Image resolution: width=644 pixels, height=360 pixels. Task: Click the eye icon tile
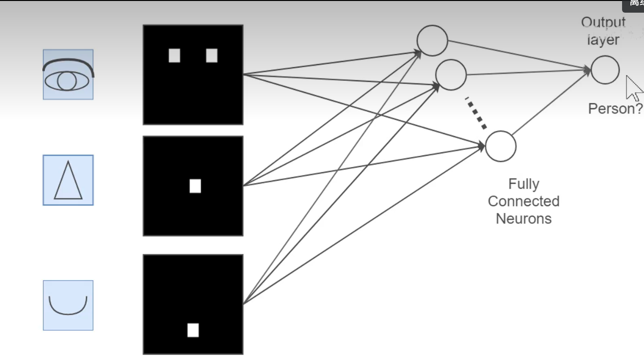click(68, 75)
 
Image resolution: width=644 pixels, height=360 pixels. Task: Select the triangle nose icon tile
click(68, 180)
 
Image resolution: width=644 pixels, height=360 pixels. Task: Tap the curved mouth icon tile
click(68, 305)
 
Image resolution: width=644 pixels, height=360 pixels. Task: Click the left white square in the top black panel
click(175, 56)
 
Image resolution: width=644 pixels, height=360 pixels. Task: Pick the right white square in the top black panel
click(212, 56)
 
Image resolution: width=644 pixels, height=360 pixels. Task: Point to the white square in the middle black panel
click(195, 186)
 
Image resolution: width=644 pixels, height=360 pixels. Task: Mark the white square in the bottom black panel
click(193, 330)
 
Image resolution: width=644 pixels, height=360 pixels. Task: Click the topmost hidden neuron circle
click(432, 40)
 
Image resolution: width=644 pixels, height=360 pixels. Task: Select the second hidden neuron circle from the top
click(450, 75)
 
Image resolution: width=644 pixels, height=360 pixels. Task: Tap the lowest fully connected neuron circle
click(501, 146)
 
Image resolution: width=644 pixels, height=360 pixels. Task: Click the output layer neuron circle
click(605, 70)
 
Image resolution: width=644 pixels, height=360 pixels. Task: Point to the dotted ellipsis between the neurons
click(476, 113)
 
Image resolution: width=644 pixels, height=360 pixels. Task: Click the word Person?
click(615, 109)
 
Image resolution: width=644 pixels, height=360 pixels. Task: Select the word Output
click(603, 22)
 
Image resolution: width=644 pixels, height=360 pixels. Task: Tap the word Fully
click(524, 184)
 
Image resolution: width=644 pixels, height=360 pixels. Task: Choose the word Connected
click(524, 201)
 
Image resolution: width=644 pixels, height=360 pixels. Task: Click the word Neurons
click(524, 218)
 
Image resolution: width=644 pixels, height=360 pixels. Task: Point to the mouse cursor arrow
click(633, 88)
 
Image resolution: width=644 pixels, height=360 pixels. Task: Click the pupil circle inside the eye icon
click(67, 81)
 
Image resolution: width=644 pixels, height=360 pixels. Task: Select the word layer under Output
click(603, 40)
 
